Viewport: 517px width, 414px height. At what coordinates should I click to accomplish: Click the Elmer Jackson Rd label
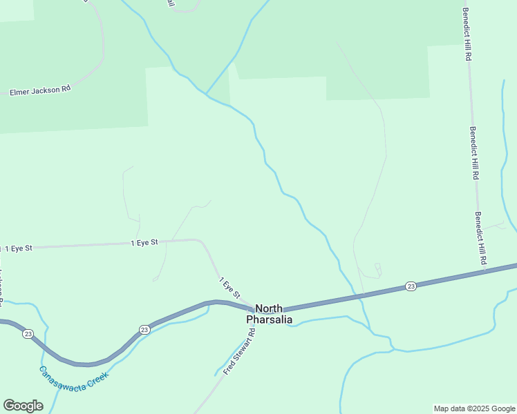click(39, 90)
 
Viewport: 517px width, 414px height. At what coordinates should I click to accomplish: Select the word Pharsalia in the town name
click(270, 319)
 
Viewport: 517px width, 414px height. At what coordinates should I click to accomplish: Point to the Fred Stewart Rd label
click(240, 352)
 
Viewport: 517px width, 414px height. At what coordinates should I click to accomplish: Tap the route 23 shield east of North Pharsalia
click(411, 286)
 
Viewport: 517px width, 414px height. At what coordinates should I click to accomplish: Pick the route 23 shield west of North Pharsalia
click(144, 329)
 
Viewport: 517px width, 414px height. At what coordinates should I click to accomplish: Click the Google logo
click(23, 406)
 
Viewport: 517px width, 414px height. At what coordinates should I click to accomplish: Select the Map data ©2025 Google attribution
click(475, 408)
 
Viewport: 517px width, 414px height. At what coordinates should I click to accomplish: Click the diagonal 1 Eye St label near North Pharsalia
click(229, 288)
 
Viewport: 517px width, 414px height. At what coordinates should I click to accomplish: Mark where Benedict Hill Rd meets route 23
click(484, 270)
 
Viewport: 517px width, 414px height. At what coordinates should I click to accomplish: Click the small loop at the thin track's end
click(377, 266)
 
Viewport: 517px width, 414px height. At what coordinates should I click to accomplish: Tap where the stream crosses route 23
click(360, 296)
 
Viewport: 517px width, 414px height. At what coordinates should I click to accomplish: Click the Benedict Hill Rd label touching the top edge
click(467, 34)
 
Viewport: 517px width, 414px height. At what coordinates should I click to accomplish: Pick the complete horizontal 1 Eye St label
click(145, 243)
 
